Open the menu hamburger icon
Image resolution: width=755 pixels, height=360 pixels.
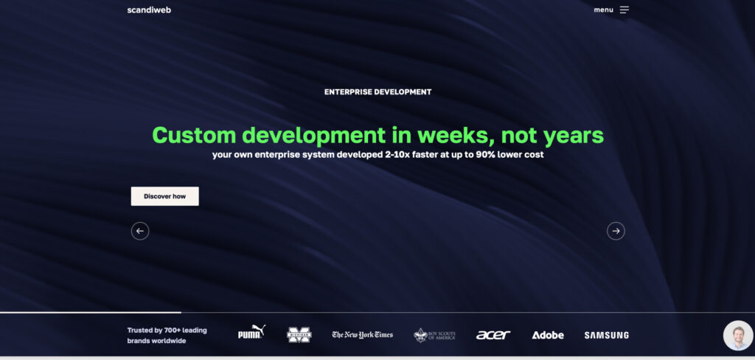(624, 10)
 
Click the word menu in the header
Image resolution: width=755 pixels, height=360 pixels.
(603, 10)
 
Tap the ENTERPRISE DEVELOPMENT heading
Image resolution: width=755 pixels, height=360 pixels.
(377, 92)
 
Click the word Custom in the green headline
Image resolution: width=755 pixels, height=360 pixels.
(195, 135)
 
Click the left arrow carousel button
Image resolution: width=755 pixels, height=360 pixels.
(140, 231)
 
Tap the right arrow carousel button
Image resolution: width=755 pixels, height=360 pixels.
(616, 231)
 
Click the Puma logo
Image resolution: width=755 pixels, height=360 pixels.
(251, 333)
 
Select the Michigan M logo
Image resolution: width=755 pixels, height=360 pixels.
(299, 335)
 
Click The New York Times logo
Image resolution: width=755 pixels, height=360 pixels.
(362, 335)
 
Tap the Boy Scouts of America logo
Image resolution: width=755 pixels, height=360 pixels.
(434, 335)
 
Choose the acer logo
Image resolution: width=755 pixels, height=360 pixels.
(493, 335)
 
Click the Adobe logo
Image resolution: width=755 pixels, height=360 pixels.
(548, 335)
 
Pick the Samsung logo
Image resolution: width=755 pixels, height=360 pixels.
(606, 335)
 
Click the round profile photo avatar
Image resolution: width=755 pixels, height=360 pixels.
(738, 336)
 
